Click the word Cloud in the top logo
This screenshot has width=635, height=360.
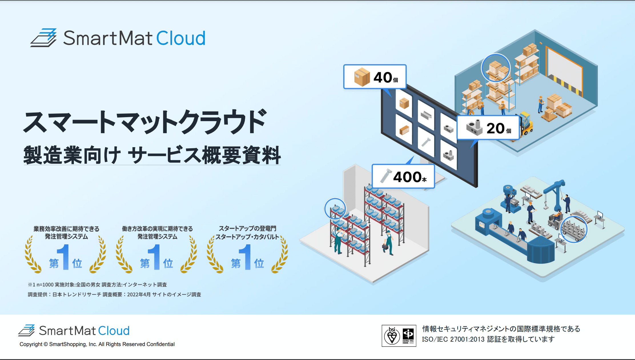pos(181,38)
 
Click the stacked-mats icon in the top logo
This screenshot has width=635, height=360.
pos(43,38)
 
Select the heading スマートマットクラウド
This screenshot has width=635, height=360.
pos(145,122)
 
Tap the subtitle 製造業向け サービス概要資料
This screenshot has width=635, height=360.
pos(152,155)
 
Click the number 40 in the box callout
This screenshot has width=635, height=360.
pos(383,77)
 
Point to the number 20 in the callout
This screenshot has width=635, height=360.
pos(495,128)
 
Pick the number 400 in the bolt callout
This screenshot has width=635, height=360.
pos(407,177)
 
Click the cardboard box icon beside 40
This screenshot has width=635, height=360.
pos(362,77)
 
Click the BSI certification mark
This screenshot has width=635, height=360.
pos(392,336)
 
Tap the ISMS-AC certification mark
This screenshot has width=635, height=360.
pos(408,336)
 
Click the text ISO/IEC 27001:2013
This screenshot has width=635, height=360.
pos(453,339)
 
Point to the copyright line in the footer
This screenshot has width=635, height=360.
pos(97,344)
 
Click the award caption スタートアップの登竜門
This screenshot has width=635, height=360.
pos(247,229)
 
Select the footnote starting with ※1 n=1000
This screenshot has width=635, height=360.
pos(97,285)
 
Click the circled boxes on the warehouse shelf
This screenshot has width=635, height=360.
pos(496,68)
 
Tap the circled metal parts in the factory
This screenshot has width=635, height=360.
pos(574,229)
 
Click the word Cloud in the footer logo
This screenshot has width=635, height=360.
pos(114,331)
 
